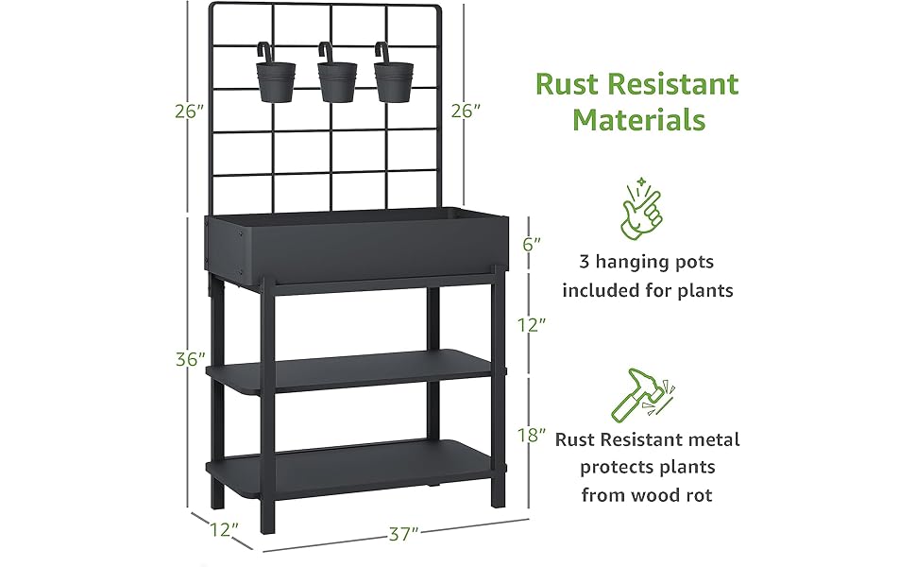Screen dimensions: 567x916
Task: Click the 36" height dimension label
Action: tap(190, 360)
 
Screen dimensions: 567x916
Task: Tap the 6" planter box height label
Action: tap(532, 243)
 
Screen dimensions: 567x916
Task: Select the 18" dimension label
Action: tap(533, 435)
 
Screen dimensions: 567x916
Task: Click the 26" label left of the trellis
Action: tap(190, 112)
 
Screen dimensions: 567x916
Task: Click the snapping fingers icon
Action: tap(639, 211)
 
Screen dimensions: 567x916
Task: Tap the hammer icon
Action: tap(639, 396)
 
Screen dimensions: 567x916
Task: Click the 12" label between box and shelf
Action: tap(533, 324)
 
